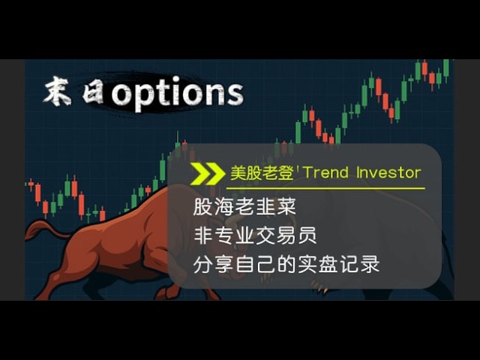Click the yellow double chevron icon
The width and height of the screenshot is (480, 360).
[207, 173]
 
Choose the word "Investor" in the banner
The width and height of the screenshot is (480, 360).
[388, 173]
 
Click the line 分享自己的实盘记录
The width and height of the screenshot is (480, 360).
[286, 265]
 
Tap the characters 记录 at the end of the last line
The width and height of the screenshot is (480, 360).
[363, 265]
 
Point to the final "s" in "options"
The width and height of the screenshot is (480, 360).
[234, 94]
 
